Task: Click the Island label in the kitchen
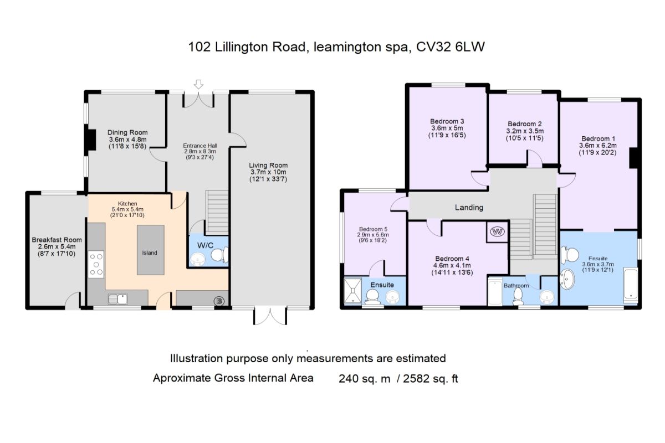tap(150, 253)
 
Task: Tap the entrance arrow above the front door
tap(198, 84)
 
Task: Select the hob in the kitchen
tap(96, 264)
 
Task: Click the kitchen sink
tap(118, 300)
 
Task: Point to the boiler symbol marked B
tap(219, 301)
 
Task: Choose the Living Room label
tap(268, 165)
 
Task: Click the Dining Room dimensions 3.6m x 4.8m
tap(127, 140)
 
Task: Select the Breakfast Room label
tap(57, 240)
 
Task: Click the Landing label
tap(469, 208)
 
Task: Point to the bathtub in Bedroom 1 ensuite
tap(631, 285)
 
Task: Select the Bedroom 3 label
tap(447, 121)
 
